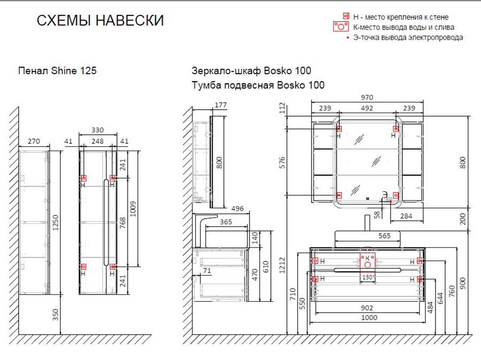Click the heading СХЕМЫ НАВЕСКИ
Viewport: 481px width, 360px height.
[100, 21]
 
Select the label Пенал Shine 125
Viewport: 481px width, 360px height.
[57, 71]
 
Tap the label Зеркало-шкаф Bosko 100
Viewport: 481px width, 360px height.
[251, 71]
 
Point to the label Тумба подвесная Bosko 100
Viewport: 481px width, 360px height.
[258, 85]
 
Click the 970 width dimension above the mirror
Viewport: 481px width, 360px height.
[367, 98]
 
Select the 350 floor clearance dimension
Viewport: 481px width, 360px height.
[56, 315]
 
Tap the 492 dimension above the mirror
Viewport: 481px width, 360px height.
[367, 108]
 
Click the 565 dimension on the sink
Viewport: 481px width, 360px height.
[384, 236]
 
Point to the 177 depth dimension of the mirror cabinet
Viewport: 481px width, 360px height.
[221, 105]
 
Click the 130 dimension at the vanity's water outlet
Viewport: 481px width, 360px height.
[367, 278]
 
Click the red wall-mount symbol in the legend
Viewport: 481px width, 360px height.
[346, 17]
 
